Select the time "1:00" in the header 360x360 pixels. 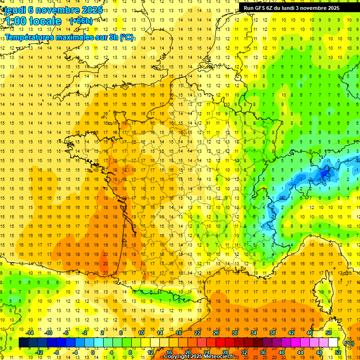click(x=16, y=22)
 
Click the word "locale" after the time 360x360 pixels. click(x=46, y=22)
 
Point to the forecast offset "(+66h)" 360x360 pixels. click(x=81, y=21)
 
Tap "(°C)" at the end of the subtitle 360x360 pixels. click(x=127, y=37)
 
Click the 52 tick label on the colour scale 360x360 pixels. click(x=338, y=352)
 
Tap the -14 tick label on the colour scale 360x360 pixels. click(x=30, y=333)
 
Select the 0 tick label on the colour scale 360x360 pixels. click(x=93, y=352)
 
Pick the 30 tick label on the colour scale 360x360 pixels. click(x=234, y=333)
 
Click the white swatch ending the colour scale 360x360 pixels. click(x=333, y=343)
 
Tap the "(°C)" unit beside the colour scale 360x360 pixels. click(x=349, y=343)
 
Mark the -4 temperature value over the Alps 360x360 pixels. click(x=322, y=179)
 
